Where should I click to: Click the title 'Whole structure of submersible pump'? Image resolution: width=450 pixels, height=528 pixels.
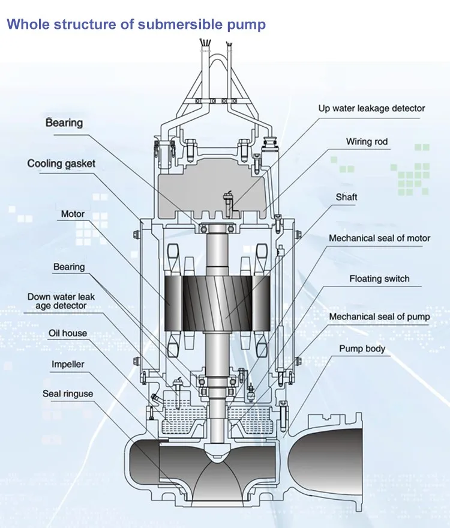coord(136,25)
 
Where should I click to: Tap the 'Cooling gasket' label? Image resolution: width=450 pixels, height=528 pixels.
coord(61,163)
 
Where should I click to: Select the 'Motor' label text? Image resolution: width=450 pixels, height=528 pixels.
coord(73,214)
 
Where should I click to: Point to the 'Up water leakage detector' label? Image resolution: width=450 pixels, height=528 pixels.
coord(371,109)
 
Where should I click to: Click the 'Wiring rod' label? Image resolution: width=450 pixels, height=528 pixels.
coord(367,142)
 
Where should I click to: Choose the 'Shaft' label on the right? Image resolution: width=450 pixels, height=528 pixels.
coord(346,197)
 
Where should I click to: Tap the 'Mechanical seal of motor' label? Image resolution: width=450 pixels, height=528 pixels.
coord(379,238)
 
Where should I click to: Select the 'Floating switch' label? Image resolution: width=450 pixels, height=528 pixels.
coord(379,279)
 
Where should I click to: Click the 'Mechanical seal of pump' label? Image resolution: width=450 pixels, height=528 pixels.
coord(379,317)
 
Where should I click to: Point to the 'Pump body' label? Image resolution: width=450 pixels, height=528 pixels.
coord(362,349)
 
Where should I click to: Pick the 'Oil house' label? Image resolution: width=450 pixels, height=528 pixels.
coord(68,333)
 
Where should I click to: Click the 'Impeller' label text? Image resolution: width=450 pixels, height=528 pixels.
coord(68,365)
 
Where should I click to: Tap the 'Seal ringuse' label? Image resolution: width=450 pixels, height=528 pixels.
coord(68,394)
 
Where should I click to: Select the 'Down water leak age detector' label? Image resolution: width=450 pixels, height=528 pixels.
coord(61,302)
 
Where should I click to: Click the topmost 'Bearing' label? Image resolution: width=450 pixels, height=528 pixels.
coord(64,123)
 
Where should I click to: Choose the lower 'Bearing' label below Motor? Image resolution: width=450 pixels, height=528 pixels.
coord(69,267)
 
